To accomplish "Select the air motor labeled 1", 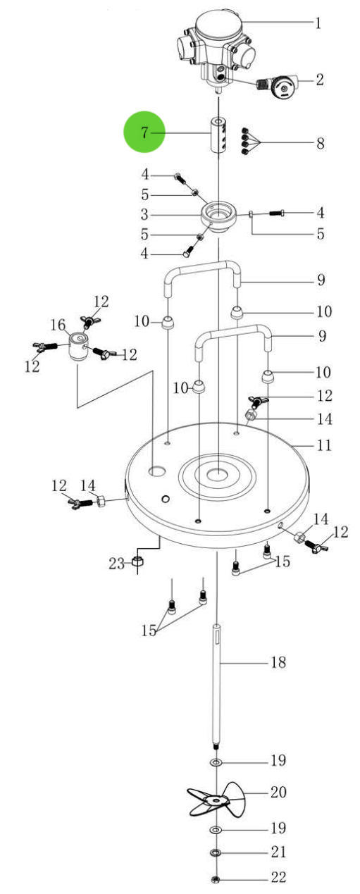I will click(x=215, y=43).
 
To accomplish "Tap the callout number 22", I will click(x=278, y=879).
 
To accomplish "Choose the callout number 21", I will click(x=278, y=852).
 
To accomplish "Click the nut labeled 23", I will click(x=139, y=563).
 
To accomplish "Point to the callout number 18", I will click(x=278, y=662).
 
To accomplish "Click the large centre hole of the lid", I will click(x=218, y=473).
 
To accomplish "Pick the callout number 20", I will click(x=278, y=792).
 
